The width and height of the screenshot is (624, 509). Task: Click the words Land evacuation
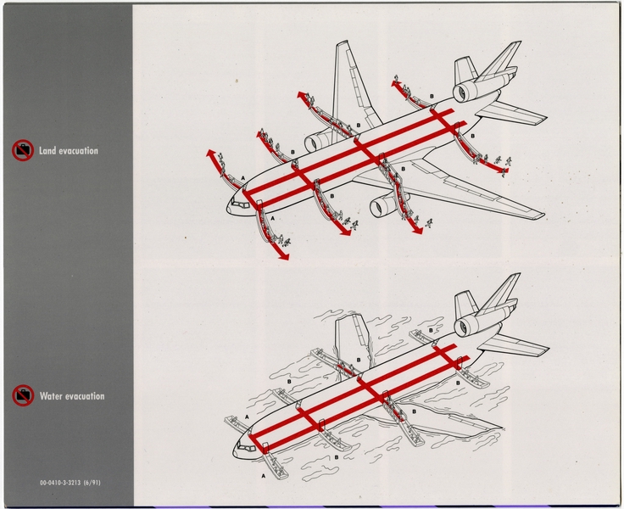[x=67, y=151]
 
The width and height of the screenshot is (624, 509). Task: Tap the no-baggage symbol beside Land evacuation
[x=22, y=151]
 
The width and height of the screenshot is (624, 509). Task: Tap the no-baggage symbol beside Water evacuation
[x=22, y=395]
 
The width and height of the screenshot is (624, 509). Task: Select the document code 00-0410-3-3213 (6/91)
[x=75, y=483]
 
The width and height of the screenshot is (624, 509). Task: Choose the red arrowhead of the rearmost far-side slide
[x=394, y=81]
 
